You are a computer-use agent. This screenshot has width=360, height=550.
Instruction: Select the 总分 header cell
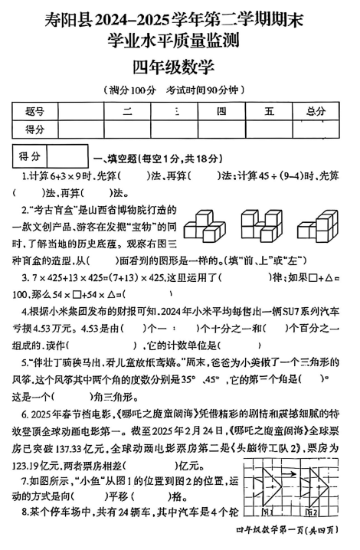[314, 112]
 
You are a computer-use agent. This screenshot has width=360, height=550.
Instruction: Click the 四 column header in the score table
[221, 112]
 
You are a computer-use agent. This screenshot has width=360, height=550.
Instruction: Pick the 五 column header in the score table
[268, 112]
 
